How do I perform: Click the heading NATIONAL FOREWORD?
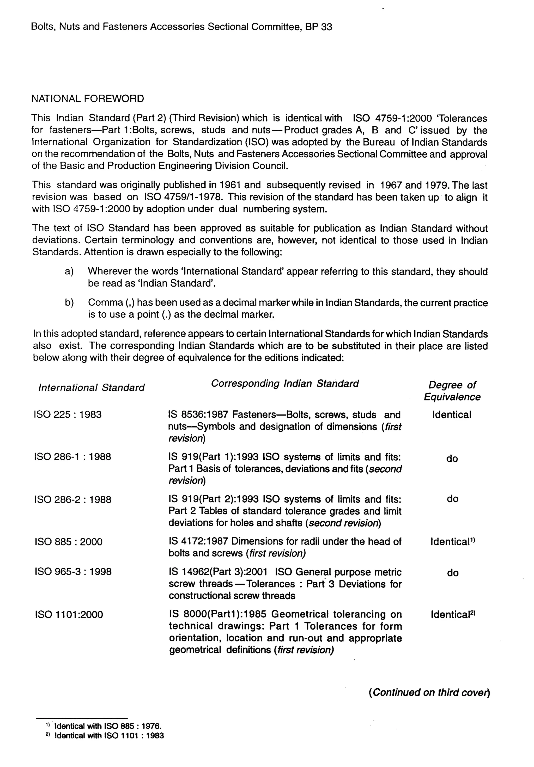tap(88, 99)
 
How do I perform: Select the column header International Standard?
tap(91, 387)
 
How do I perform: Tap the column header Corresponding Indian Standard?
tap(284, 383)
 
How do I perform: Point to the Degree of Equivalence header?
tap(452, 391)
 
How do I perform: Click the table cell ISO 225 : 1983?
tap(68, 415)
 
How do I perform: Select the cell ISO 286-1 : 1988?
tap(72, 457)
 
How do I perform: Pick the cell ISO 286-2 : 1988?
tap(72, 499)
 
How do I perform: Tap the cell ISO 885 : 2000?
tap(68, 541)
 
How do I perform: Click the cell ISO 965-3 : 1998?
tap(73, 572)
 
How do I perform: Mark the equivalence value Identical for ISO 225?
tap(451, 415)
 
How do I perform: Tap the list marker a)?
tap(69, 271)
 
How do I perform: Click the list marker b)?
tap(69, 302)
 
